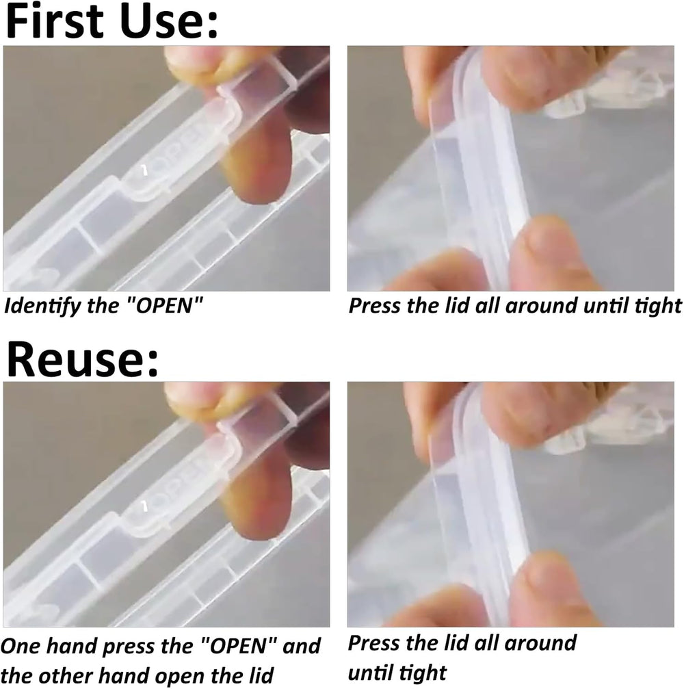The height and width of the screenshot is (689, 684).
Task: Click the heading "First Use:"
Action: pyautogui.click(x=112, y=21)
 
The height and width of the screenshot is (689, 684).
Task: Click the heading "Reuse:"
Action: pyautogui.click(x=83, y=359)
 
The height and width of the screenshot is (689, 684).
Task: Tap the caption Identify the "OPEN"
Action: pyautogui.click(x=104, y=305)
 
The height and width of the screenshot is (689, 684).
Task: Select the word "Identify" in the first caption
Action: pyautogui.click(x=42, y=305)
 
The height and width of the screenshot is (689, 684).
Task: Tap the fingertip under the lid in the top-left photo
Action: pyautogui.click(x=257, y=176)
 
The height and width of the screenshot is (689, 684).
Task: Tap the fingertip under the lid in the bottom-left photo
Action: pyautogui.click(x=257, y=512)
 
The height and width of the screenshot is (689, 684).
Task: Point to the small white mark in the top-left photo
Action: pyautogui.click(x=144, y=170)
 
